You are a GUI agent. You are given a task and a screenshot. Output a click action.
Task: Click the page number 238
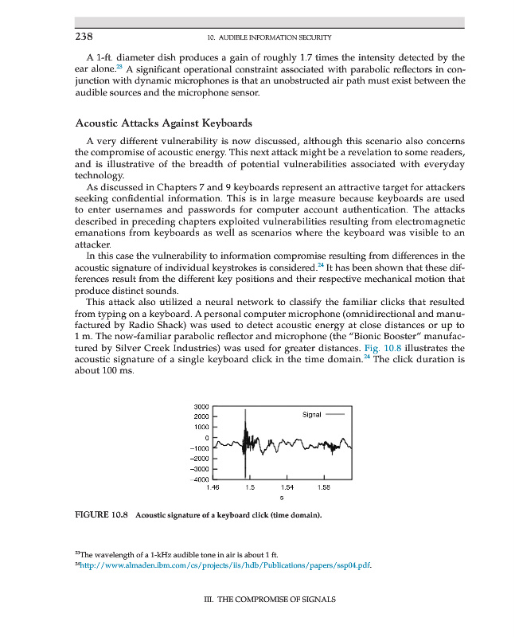click(x=84, y=37)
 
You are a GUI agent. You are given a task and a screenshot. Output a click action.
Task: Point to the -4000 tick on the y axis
click(x=198, y=479)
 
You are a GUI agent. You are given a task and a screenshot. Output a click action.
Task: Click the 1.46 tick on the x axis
click(x=213, y=487)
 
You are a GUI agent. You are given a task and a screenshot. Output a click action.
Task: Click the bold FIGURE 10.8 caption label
click(x=103, y=515)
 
